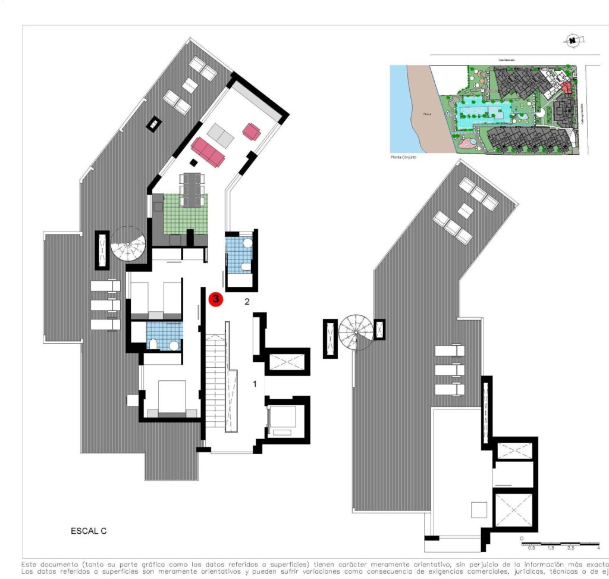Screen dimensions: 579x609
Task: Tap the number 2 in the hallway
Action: [247, 302]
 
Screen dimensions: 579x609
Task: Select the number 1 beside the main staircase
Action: [255, 384]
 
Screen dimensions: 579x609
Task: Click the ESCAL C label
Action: [88, 529]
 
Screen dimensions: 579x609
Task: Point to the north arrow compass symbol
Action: [572, 40]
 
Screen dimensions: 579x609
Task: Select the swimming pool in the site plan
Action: [481, 112]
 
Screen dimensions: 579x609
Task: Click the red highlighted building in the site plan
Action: [566, 88]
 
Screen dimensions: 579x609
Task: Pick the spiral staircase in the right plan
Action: [356, 333]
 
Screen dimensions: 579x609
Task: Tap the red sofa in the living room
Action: [208, 152]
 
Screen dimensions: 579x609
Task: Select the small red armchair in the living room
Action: [252, 132]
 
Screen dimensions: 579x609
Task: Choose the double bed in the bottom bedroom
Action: [172, 397]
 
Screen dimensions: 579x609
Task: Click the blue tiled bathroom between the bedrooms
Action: [164, 336]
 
